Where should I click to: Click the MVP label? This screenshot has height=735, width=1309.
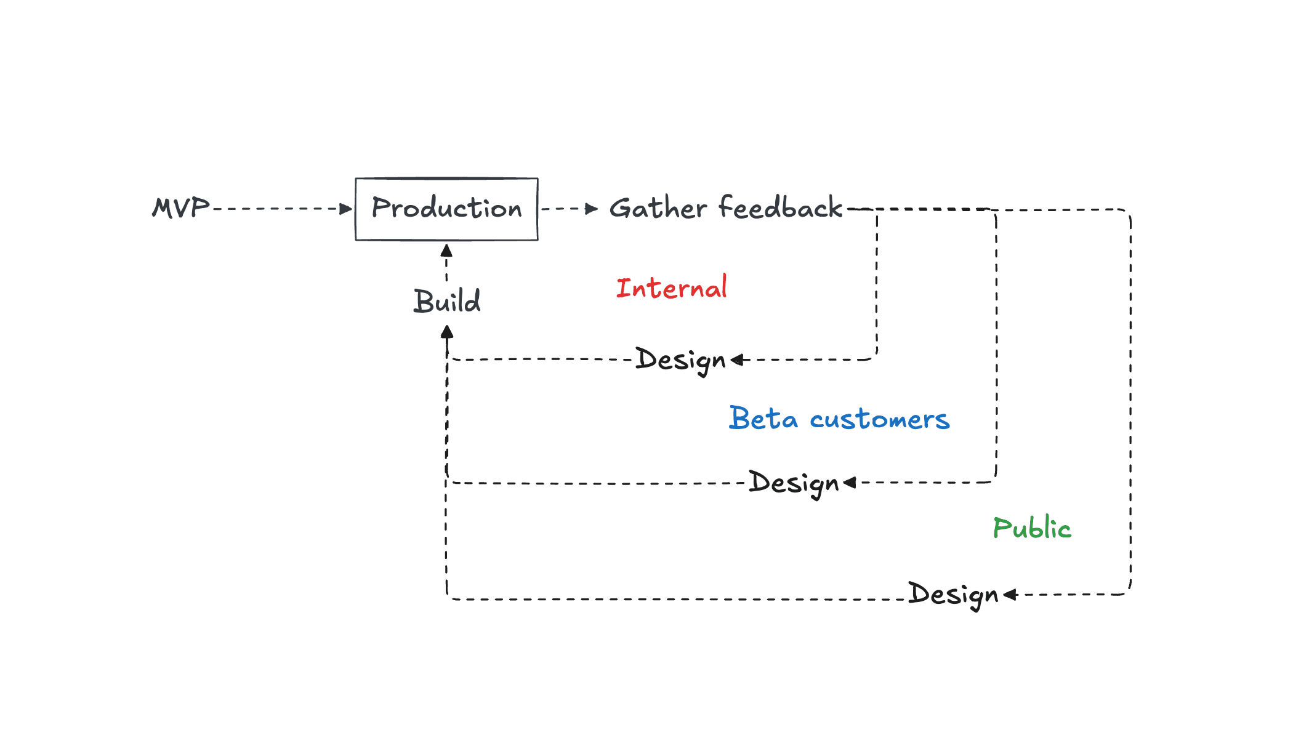point(180,208)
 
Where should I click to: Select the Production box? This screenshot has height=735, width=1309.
point(446,209)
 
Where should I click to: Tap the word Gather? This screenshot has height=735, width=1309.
point(658,208)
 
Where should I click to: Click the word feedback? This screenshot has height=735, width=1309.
point(780,207)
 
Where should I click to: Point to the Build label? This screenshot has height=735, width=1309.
point(446,301)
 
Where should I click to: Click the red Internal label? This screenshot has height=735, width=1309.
point(671,288)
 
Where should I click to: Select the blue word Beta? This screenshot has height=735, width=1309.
point(763,419)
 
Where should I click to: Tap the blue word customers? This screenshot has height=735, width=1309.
point(879,420)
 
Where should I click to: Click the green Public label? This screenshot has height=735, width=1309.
point(1032,528)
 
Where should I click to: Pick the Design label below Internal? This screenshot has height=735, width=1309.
point(680,359)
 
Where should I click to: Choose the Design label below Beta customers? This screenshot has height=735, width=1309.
point(794,483)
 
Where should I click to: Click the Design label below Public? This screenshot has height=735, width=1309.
point(953,595)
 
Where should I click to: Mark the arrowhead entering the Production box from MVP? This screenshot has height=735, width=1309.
point(346,209)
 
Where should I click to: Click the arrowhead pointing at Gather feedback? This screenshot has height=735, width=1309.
point(592,209)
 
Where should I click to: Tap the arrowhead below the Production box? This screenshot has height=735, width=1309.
point(446,251)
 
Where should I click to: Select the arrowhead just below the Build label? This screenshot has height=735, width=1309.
point(447,332)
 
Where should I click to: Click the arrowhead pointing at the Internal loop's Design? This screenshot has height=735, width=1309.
point(738,360)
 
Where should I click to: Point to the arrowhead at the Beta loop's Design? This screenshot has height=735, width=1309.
point(850,483)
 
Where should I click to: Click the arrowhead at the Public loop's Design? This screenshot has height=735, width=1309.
point(1010,595)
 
